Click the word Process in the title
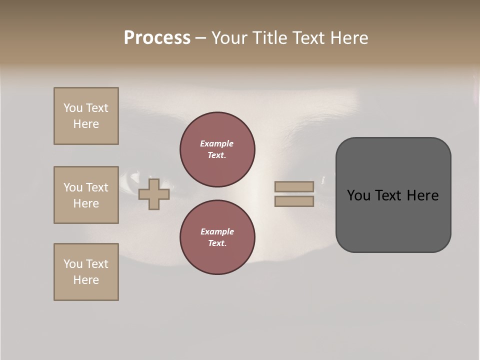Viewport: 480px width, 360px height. (x=157, y=38)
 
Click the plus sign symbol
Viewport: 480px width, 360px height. (x=154, y=194)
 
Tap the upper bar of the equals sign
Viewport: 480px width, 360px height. (x=294, y=187)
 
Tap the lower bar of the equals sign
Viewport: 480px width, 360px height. (x=294, y=201)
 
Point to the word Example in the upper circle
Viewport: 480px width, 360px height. (x=217, y=143)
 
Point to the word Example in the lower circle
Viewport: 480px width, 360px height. (x=217, y=231)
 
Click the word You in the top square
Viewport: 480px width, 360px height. (x=73, y=108)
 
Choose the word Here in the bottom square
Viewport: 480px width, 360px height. (x=86, y=280)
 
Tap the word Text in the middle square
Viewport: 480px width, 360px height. (x=97, y=187)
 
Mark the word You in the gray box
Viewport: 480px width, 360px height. (x=358, y=195)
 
